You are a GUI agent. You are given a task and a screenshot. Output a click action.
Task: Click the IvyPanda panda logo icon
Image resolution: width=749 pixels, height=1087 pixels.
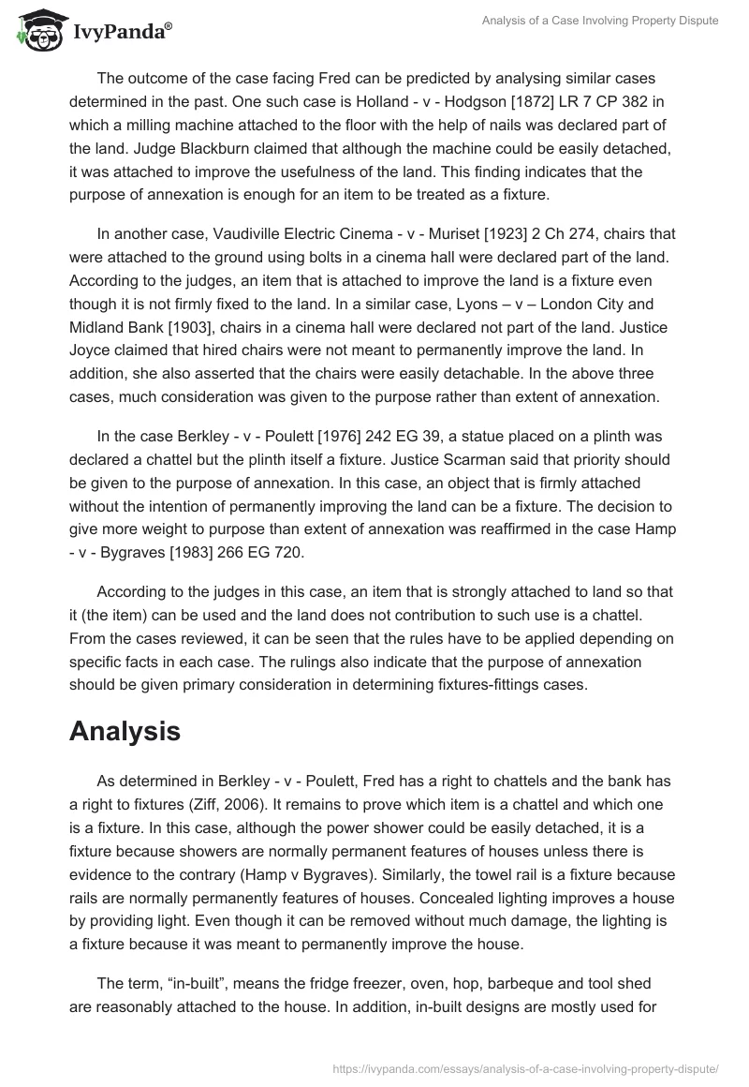pos(37,29)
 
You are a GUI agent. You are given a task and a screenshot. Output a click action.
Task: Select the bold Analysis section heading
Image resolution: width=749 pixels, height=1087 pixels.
pos(125,732)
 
